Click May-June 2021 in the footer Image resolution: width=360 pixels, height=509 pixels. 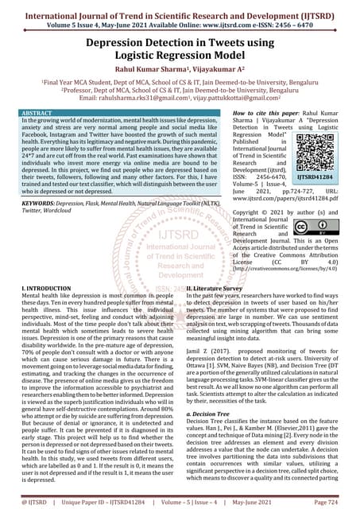(x=281, y=503)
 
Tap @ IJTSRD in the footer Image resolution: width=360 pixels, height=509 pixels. (x=24, y=503)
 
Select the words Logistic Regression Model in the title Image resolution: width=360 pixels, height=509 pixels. (x=180, y=54)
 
